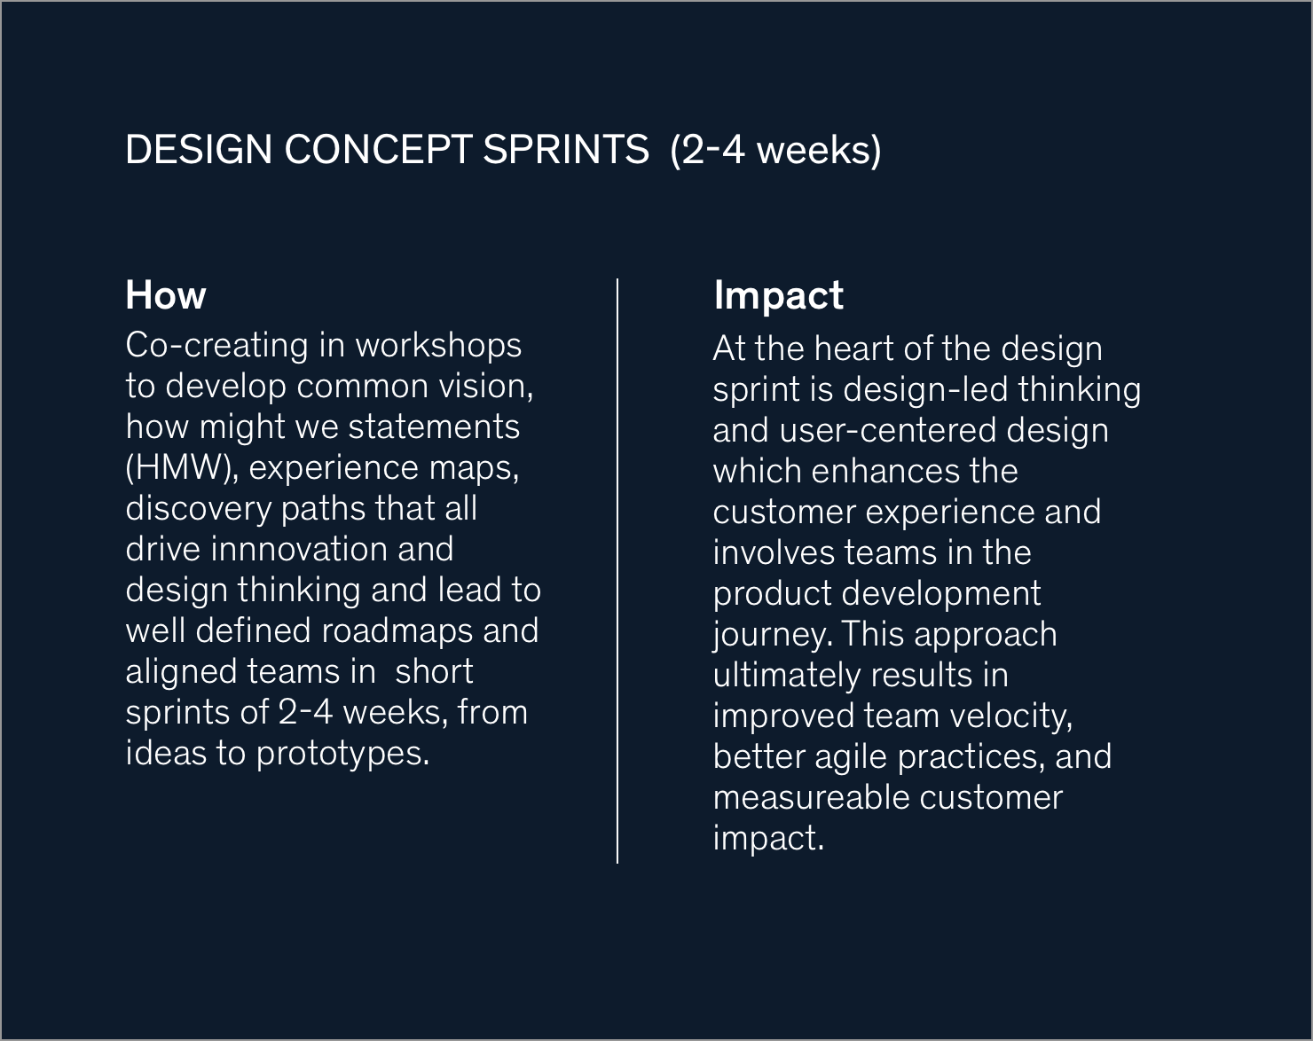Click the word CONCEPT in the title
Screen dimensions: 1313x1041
(x=378, y=150)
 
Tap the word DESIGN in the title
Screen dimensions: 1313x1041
(x=199, y=150)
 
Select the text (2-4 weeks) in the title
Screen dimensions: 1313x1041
(x=775, y=150)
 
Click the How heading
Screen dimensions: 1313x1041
(x=166, y=295)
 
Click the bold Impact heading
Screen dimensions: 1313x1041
(x=779, y=296)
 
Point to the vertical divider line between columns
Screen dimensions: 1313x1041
(x=617, y=571)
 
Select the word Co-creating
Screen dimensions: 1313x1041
(x=216, y=347)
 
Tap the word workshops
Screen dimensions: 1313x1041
(x=438, y=347)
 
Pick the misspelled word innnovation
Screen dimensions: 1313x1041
(x=300, y=549)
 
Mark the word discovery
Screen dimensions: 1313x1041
(x=199, y=510)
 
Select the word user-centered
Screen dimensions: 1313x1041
(x=888, y=431)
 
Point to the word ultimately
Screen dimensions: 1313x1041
(x=787, y=676)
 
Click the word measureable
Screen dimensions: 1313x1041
(x=812, y=798)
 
